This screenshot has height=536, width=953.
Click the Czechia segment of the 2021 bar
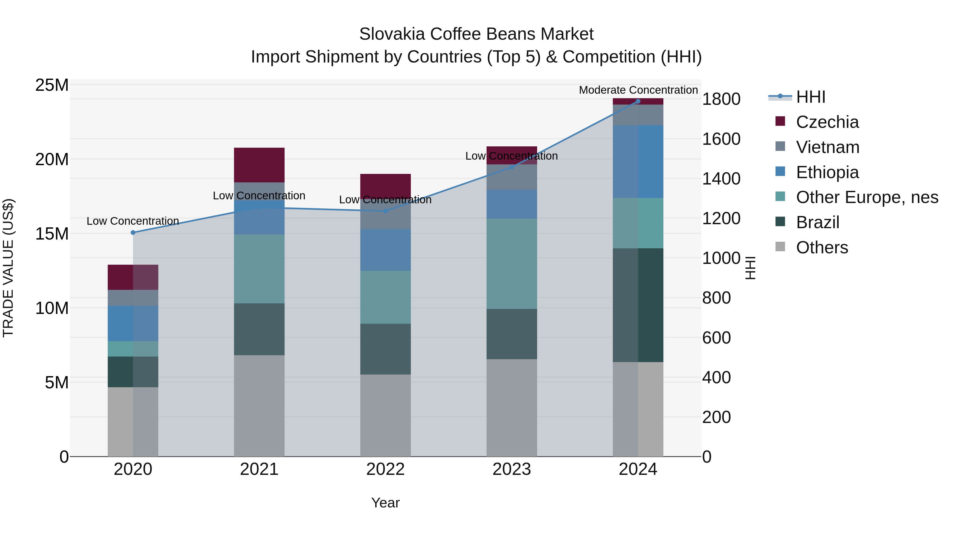(x=259, y=165)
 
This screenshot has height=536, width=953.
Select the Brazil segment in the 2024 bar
(x=638, y=305)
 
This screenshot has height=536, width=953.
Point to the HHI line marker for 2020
(x=133, y=232)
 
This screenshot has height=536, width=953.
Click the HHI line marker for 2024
(x=638, y=101)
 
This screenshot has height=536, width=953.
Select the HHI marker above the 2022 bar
(x=385, y=211)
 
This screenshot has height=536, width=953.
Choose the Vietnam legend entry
(x=827, y=147)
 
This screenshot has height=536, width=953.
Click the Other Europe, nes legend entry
(x=867, y=197)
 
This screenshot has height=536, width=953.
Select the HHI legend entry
(x=810, y=97)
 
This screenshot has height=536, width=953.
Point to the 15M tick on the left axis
(x=52, y=234)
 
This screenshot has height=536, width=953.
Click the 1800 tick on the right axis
(x=721, y=99)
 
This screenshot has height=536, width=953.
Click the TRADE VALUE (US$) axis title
(x=8, y=268)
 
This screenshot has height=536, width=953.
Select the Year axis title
(x=385, y=503)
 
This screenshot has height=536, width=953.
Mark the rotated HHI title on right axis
(x=750, y=268)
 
